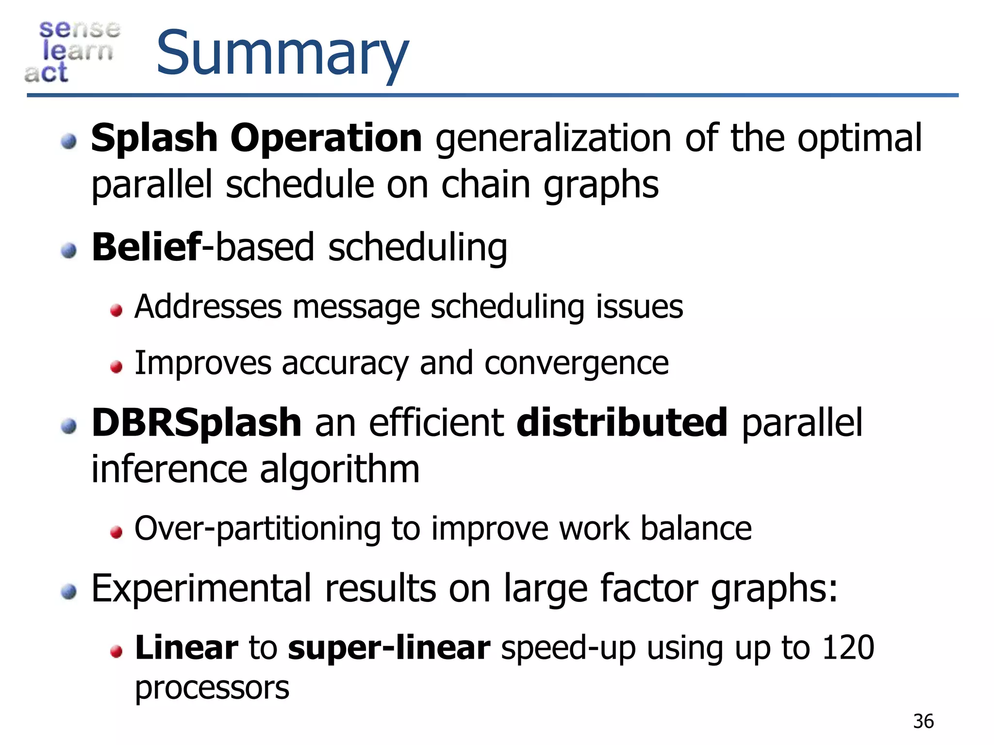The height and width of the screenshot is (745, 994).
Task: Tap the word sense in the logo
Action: tap(79, 29)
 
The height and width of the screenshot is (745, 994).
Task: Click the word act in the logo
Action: tap(46, 73)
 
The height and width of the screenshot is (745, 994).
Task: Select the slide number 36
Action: tap(923, 722)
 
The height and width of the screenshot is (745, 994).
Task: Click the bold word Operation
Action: tap(326, 139)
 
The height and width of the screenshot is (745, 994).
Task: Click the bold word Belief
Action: tap(146, 247)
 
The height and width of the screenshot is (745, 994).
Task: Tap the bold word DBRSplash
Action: tap(197, 423)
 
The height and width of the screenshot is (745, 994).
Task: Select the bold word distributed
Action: tap(622, 423)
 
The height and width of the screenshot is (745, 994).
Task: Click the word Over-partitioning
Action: tap(257, 529)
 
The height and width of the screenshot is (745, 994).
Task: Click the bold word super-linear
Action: tap(389, 648)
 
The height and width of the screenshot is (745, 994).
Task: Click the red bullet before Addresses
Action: tap(116, 310)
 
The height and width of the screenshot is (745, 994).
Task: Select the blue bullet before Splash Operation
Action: tap(69, 142)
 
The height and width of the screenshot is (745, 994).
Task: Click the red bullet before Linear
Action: tap(116, 651)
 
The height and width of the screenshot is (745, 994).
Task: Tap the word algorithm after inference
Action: tap(339, 470)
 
